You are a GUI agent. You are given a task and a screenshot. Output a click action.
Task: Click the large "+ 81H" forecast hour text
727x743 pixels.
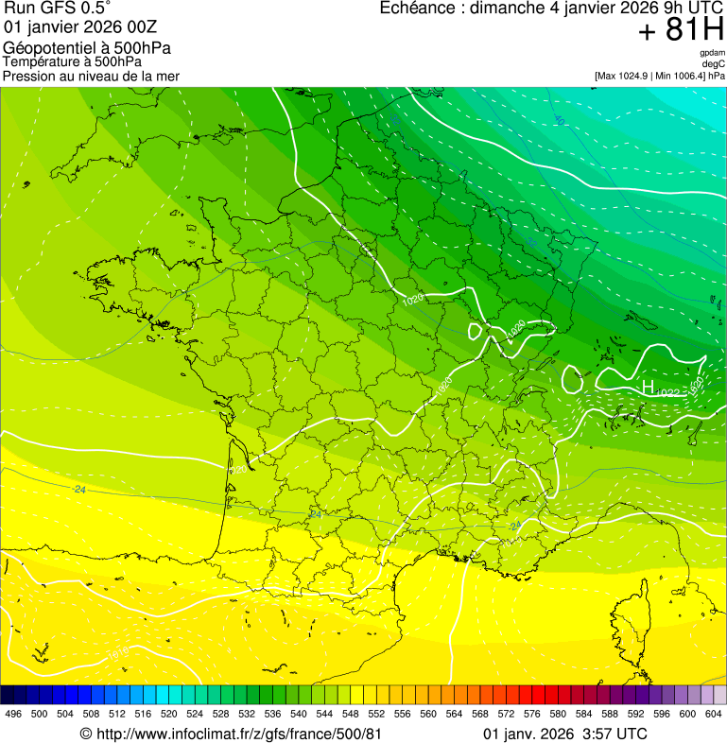tap(681, 31)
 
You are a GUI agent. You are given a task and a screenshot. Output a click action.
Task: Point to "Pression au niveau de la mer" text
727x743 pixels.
tap(91, 76)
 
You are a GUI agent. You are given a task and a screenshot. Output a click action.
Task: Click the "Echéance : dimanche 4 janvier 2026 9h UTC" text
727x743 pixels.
tap(551, 9)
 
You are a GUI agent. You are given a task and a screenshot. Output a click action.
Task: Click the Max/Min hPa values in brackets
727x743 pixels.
tap(659, 76)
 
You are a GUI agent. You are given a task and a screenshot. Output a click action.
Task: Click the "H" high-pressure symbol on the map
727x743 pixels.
tap(648, 387)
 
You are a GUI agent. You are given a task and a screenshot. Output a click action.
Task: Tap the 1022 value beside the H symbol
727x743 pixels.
tap(667, 392)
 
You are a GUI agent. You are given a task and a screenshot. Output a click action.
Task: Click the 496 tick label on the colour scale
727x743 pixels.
tap(13, 714)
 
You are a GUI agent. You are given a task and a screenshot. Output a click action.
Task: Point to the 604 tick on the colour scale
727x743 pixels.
tap(714, 714)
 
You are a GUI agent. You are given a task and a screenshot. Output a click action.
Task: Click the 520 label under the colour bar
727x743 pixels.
tap(169, 714)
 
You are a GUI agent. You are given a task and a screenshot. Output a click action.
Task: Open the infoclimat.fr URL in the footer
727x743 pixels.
tap(231, 734)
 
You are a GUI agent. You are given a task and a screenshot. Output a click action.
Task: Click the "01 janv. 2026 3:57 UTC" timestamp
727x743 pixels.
tap(564, 734)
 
